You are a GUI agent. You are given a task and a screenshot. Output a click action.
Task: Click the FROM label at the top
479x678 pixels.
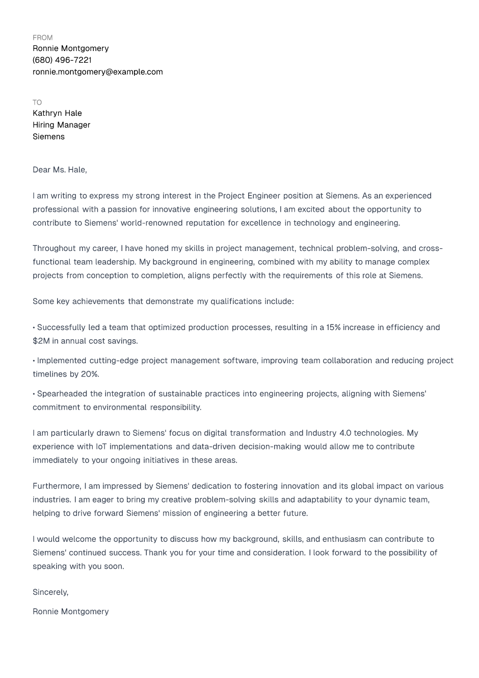click(x=42, y=38)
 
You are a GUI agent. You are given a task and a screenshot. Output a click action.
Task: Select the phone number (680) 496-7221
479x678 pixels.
click(x=62, y=60)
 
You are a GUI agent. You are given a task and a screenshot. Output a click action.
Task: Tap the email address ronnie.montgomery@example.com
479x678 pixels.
click(x=98, y=72)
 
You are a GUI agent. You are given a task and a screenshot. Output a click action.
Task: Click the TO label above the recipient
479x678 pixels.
click(x=37, y=103)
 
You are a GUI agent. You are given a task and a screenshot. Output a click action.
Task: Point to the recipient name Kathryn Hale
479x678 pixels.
click(x=57, y=113)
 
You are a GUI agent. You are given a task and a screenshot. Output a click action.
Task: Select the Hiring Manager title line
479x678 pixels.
click(x=61, y=125)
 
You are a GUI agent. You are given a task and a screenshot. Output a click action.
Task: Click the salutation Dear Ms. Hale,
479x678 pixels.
click(x=60, y=170)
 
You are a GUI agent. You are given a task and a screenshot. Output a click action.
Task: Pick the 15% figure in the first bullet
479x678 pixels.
click(x=333, y=328)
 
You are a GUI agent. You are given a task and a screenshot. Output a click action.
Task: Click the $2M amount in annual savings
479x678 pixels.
click(x=41, y=341)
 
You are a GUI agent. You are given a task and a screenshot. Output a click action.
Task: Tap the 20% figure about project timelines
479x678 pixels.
click(x=90, y=374)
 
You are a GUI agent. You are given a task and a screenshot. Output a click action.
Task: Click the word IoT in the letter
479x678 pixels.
click(x=101, y=446)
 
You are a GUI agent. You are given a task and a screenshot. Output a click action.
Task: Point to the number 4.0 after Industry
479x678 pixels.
click(x=345, y=433)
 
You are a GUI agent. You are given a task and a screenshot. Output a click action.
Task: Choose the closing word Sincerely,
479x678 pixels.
click(x=50, y=592)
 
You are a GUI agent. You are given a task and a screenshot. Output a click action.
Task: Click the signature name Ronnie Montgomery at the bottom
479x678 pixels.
click(x=70, y=612)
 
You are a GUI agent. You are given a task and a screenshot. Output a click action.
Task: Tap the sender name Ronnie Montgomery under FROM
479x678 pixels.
click(x=70, y=48)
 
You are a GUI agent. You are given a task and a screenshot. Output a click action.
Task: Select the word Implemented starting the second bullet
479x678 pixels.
click(x=62, y=361)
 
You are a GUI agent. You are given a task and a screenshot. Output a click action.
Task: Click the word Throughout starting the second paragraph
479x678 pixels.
click(x=54, y=248)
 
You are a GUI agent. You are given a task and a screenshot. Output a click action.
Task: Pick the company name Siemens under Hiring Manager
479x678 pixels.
click(x=48, y=137)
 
